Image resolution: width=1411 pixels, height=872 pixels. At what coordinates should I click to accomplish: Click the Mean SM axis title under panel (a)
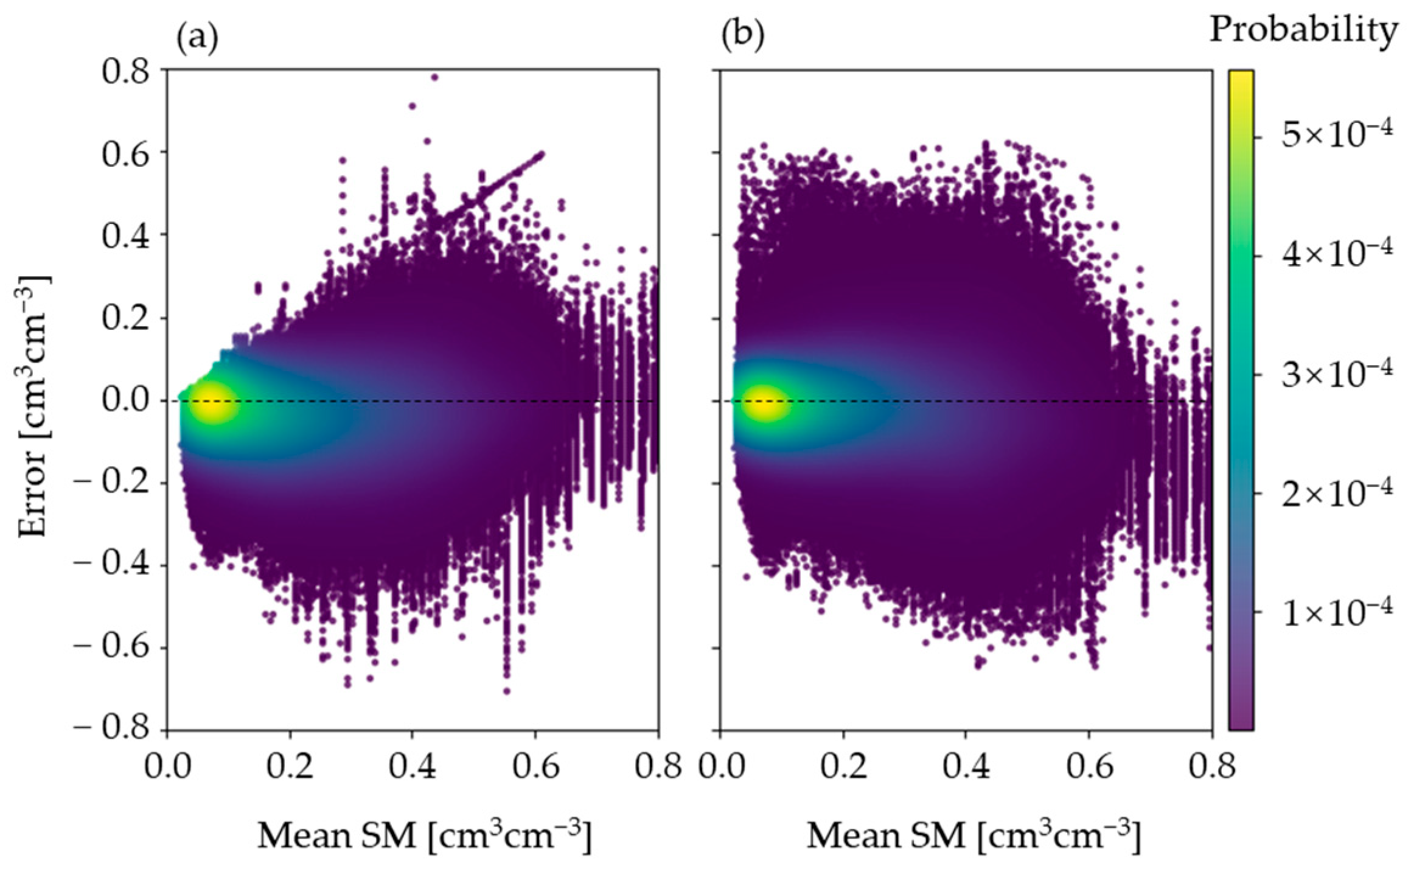pos(424,836)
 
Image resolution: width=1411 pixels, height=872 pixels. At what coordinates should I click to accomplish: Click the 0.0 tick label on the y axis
pos(125,400)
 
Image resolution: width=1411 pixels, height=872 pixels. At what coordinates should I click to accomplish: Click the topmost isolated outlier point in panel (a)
pos(434,77)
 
